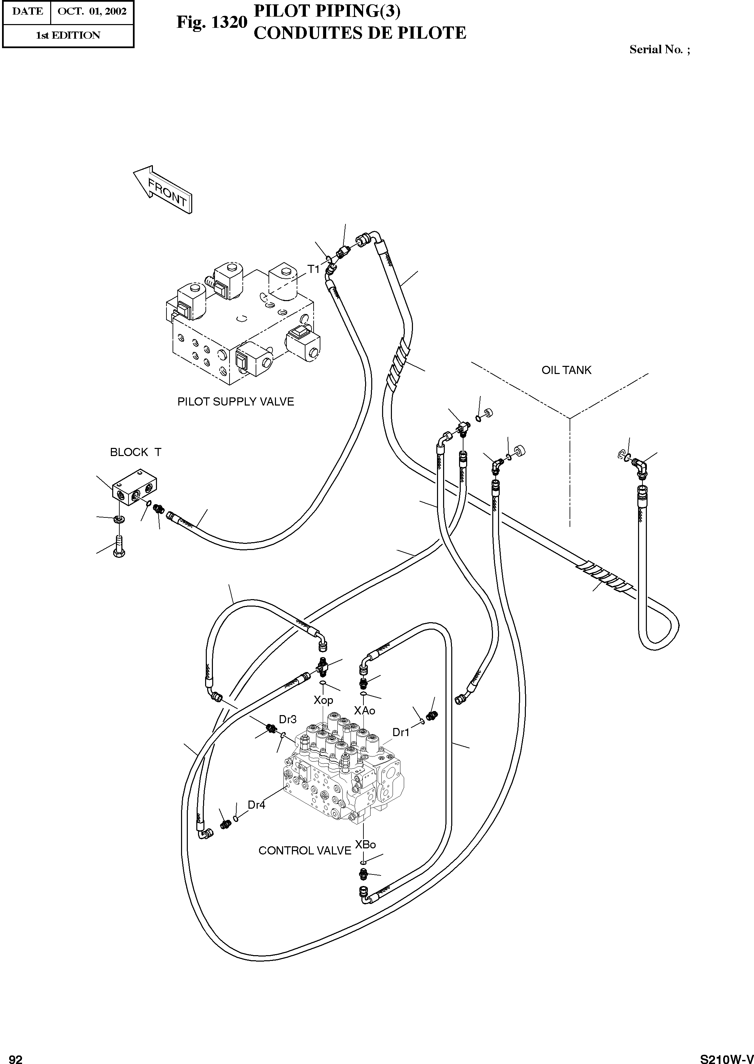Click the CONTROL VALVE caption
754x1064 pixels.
[304, 850]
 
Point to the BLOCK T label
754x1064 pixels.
[135, 452]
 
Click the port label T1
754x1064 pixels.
[314, 269]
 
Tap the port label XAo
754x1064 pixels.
[364, 710]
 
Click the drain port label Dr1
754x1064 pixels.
[401, 732]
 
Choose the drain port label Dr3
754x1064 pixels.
[287, 719]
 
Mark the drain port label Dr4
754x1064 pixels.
[256, 805]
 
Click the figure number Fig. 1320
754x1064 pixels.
[212, 22]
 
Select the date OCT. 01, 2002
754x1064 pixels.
[92, 12]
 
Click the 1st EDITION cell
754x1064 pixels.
[68, 35]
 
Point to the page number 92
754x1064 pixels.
[15, 1059]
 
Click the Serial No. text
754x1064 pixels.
[659, 50]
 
